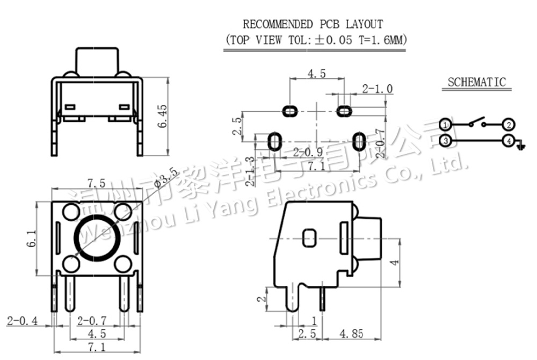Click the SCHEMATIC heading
[477, 82]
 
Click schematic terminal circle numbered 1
[445, 125]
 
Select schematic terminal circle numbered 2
[509, 125]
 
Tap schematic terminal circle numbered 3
[445, 141]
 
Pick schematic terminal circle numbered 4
[509, 141]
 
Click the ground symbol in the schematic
[519, 145]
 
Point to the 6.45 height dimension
[162, 116]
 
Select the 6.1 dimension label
[32, 236]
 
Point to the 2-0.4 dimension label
[22, 321]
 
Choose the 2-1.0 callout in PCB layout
[378, 88]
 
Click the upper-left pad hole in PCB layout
[290, 111]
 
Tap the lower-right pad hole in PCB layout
[359, 141]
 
